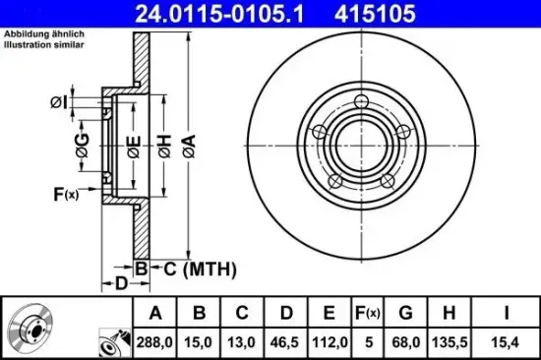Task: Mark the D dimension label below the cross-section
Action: coord(121,285)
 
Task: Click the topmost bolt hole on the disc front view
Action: coord(363,102)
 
